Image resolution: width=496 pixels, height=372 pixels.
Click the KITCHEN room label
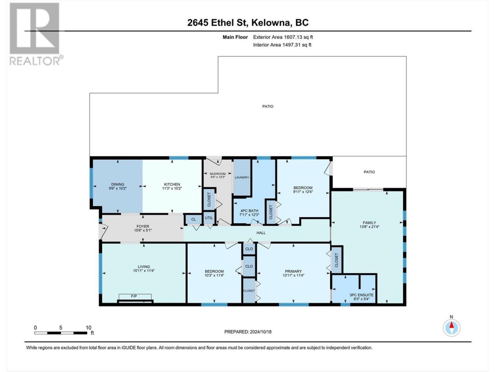pyautogui.click(x=172, y=184)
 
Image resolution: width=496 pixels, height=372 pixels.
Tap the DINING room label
pyautogui.click(x=117, y=184)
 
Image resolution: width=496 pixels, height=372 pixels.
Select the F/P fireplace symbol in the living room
pyautogui.click(x=135, y=298)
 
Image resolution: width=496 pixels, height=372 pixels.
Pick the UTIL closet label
pyautogui.click(x=209, y=218)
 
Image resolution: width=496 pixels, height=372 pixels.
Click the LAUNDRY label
pyautogui.click(x=242, y=177)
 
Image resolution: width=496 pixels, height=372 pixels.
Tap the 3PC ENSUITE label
pyautogui.click(x=361, y=295)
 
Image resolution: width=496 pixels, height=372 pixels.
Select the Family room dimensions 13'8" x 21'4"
pyautogui.click(x=369, y=227)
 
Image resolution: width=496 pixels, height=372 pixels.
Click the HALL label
pyautogui.click(x=261, y=232)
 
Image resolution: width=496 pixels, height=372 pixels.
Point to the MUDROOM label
pyautogui.click(x=218, y=174)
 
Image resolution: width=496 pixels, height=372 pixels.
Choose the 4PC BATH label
pyautogui.click(x=249, y=211)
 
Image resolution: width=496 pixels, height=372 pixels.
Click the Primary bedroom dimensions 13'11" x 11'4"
pyautogui.click(x=293, y=276)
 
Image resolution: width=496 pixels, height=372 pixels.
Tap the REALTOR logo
pyautogui.click(x=36, y=34)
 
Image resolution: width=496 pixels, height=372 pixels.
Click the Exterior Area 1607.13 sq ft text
pyautogui.click(x=283, y=37)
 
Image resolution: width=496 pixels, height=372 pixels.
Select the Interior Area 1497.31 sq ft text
pyautogui.click(x=282, y=45)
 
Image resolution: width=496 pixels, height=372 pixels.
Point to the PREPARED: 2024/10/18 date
pyautogui.click(x=248, y=332)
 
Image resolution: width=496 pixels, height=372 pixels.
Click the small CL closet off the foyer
pyautogui.click(x=193, y=219)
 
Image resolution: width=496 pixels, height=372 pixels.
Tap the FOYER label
pyautogui.click(x=143, y=226)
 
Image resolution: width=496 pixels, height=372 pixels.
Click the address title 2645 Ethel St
pyautogui.click(x=218, y=22)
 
